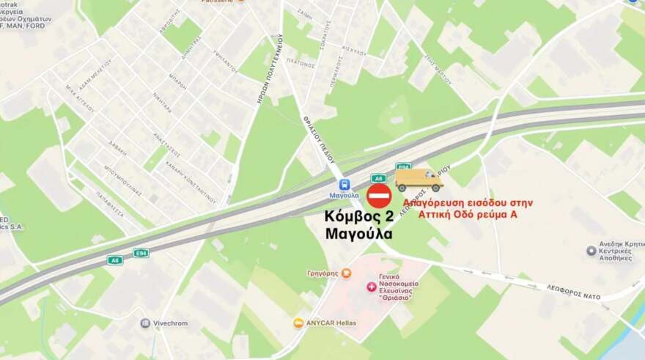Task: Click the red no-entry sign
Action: click(x=379, y=196)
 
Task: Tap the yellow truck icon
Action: click(x=419, y=180)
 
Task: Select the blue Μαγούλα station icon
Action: click(x=344, y=185)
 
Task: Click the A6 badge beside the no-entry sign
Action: click(x=378, y=177)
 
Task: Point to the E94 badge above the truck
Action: click(x=403, y=166)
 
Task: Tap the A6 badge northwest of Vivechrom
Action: click(x=114, y=260)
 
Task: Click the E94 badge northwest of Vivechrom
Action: click(x=141, y=253)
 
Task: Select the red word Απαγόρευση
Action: click(x=436, y=202)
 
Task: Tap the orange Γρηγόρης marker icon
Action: click(x=347, y=273)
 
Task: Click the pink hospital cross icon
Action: click(x=372, y=286)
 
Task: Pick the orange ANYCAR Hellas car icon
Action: click(x=298, y=323)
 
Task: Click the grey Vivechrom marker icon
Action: click(x=145, y=323)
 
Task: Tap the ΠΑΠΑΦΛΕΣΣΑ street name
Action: click(x=109, y=200)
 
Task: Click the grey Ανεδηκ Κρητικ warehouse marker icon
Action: click(x=591, y=251)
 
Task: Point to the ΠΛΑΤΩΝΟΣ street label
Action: click(x=301, y=63)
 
